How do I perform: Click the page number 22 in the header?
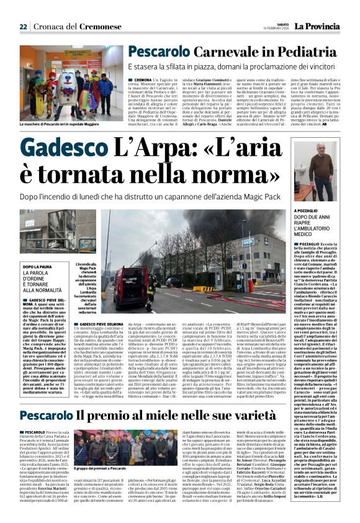(23, 27)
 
